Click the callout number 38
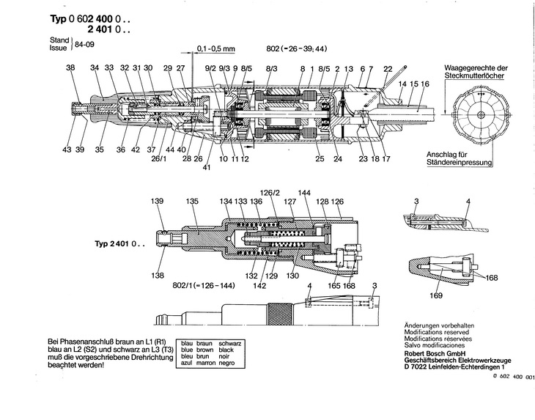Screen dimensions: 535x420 click(x=70, y=67)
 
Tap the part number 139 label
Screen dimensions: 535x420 click(x=158, y=201)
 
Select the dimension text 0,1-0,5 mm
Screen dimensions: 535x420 click(x=216, y=49)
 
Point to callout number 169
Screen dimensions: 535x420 click(x=436, y=295)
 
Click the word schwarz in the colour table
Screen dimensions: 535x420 click(x=230, y=344)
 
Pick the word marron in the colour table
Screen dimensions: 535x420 click(x=206, y=363)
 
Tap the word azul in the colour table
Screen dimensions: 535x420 click(x=187, y=363)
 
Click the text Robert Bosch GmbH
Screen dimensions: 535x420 click(x=435, y=353)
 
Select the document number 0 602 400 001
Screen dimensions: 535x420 click(x=514, y=377)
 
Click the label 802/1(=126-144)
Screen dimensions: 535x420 click(x=204, y=286)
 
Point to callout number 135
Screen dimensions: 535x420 click(x=192, y=201)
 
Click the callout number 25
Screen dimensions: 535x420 click(x=320, y=158)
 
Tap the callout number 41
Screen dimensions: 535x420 click(x=207, y=168)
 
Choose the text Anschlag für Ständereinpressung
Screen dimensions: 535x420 click(x=460, y=158)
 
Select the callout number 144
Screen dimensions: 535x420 click(x=304, y=193)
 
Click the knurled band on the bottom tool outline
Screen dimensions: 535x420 click(x=279, y=314)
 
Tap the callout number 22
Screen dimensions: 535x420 click(x=388, y=69)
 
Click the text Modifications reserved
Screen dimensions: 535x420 click(x=436, y=332)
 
